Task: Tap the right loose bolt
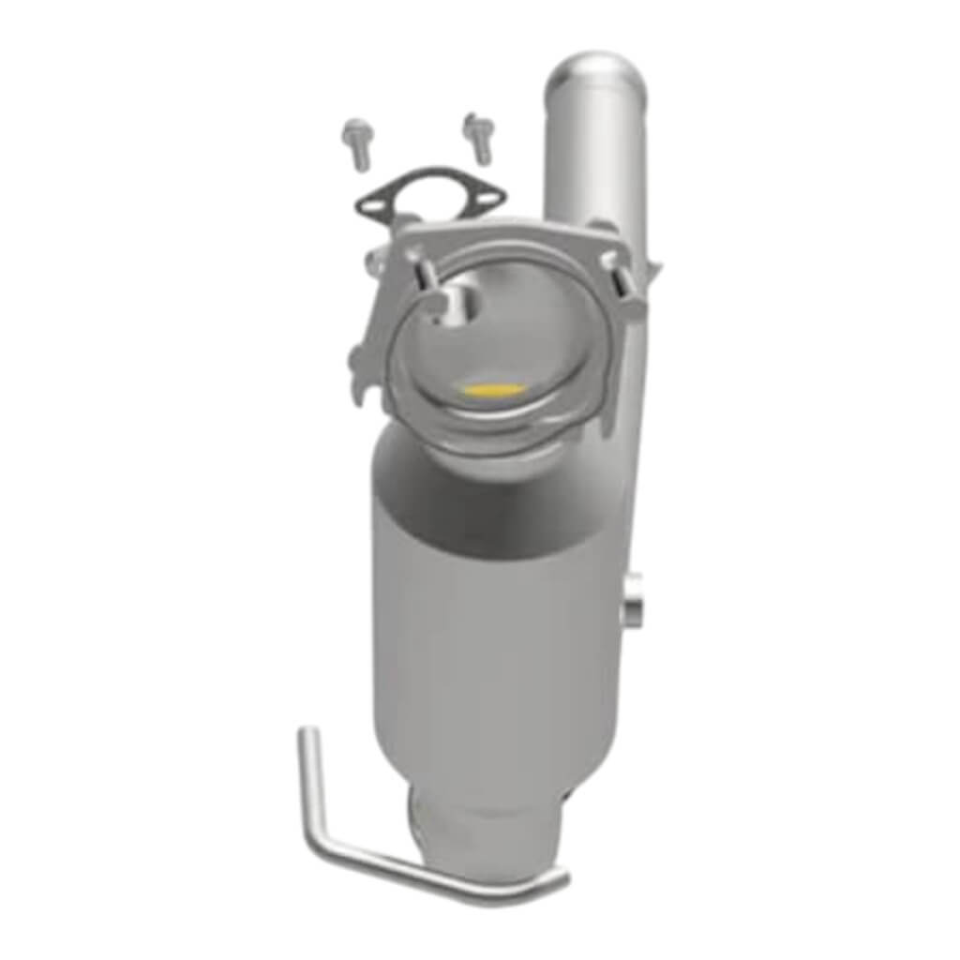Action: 479,137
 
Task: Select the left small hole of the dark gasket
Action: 373,199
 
